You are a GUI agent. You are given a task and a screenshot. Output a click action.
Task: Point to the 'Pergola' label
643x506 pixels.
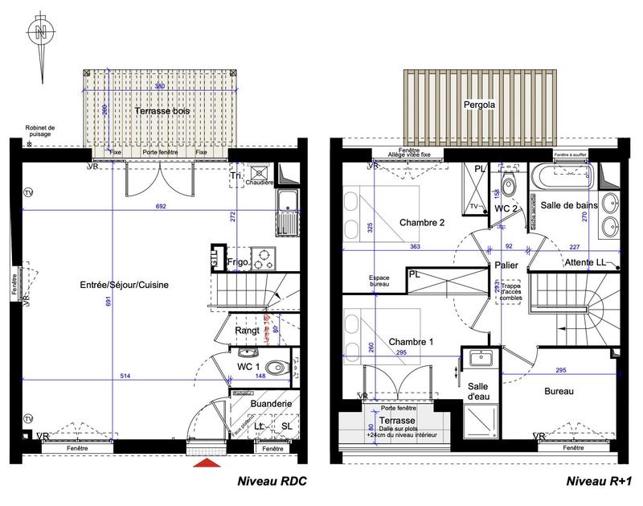(x=478, y=105)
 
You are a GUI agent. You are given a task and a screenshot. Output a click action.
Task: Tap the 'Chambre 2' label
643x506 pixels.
(x=421, y=223)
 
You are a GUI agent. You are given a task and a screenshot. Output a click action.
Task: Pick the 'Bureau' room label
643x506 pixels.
(x=558, y=392)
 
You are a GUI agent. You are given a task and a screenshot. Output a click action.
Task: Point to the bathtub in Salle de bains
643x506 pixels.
(x=559, y=175)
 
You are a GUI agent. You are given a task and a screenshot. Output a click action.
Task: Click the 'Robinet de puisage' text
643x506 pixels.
(x=39, y=130)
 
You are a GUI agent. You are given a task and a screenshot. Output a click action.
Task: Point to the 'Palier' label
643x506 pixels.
(x=506, y=264)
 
